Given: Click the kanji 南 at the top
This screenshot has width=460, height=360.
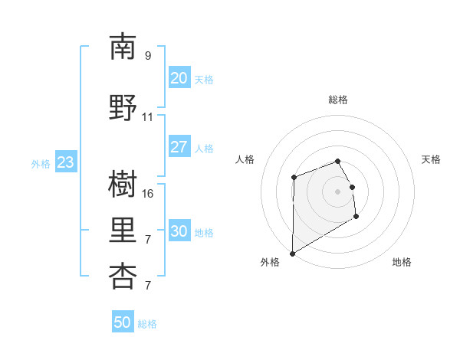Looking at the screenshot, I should [123, 47].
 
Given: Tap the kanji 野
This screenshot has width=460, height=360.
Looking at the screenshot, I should [123, 107].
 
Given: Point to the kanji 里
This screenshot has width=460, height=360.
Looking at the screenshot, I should [123, 231].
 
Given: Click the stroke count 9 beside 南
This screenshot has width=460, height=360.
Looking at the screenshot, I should [148, 56].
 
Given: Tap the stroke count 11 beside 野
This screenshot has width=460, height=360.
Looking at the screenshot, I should [148, 117].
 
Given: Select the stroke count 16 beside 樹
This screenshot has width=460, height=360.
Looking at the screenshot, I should [148, 194].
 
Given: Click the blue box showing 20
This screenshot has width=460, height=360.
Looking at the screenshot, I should [179, 77].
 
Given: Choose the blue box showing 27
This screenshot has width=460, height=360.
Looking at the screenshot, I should [179, 147].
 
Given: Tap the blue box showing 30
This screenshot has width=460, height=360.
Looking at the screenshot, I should [179, 231].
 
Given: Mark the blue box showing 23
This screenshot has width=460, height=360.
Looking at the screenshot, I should [65, 162].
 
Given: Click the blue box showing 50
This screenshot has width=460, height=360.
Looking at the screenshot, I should [123, 322].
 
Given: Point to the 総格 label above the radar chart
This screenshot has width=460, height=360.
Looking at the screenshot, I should [338, 100].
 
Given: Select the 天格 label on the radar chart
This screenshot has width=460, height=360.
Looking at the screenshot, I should [431, 159].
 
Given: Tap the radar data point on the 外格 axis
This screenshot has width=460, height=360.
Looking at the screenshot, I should [292, 253].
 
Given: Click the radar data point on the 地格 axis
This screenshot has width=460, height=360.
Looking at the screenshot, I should [356, 218].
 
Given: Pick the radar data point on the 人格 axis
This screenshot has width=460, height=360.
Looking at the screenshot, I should [294, 178].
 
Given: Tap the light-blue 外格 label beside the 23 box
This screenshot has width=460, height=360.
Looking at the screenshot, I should [41, 163].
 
